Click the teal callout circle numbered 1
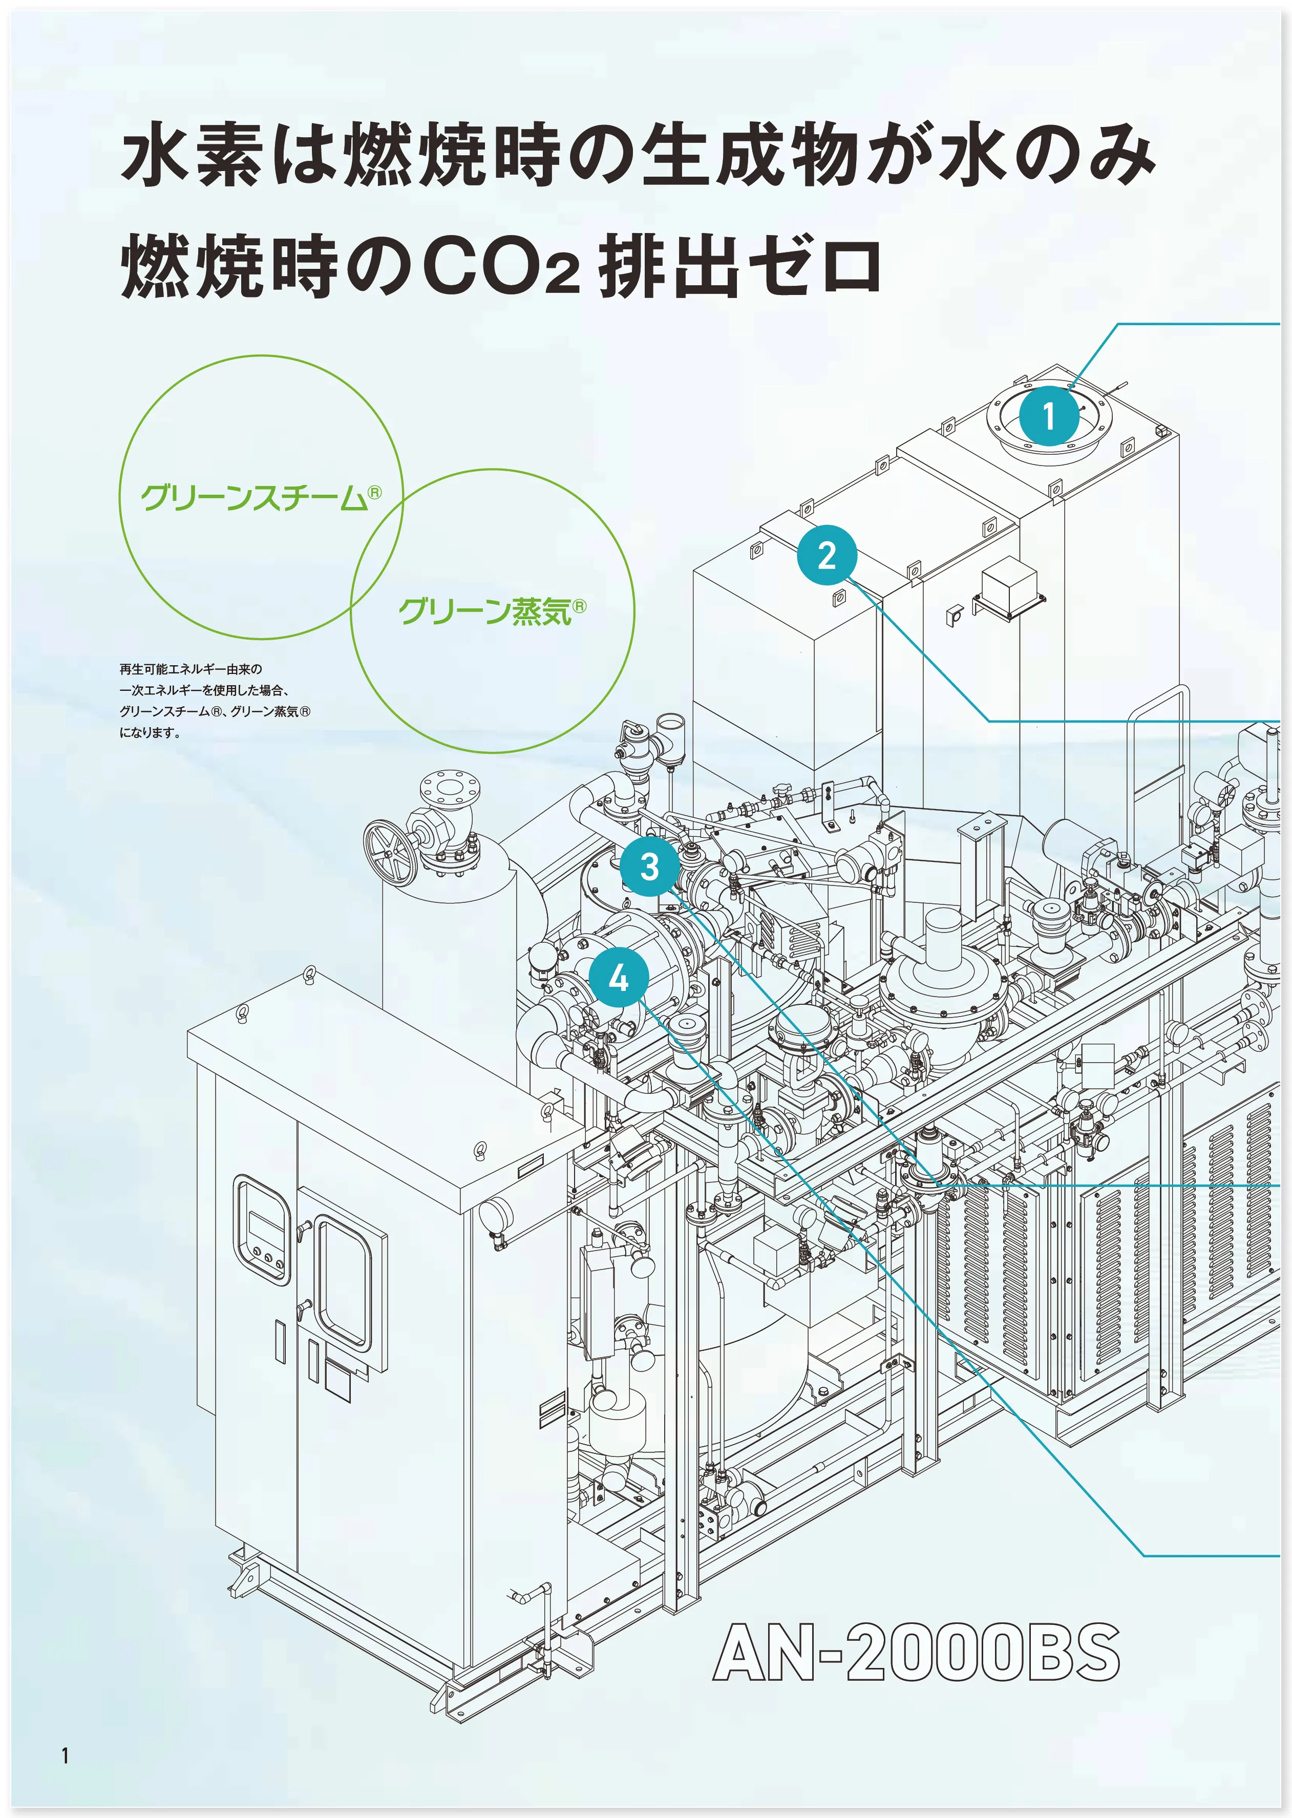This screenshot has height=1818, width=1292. [x=1049, y=415]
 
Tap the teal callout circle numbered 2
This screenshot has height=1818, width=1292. [x=827, y=555]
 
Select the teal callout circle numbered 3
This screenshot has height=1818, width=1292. [x=649, y=865]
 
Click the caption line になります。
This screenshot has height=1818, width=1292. [x=151, y=733]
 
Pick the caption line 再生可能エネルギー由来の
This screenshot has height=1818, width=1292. [x=191, y=670]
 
